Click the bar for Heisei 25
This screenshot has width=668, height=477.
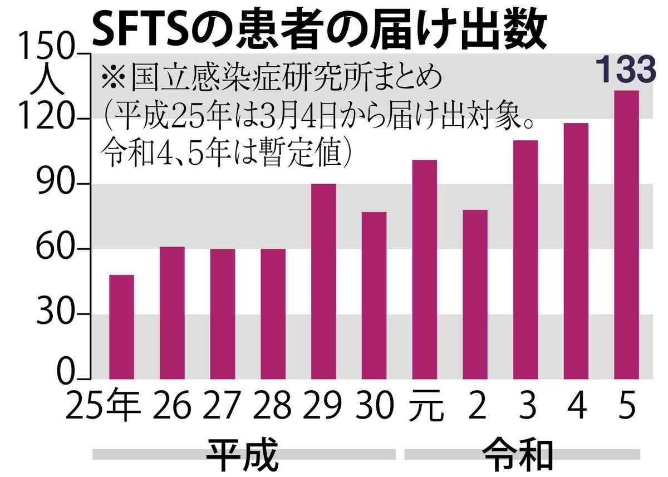(121, 327)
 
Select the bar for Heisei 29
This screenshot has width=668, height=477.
(323, 281)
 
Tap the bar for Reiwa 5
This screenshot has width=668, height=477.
(626, 234)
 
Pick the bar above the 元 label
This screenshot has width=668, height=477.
(424, 269)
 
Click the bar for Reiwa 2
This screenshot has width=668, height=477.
(475, 294)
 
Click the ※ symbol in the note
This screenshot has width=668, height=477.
(112, 78)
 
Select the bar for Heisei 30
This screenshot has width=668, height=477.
(374, 295)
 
